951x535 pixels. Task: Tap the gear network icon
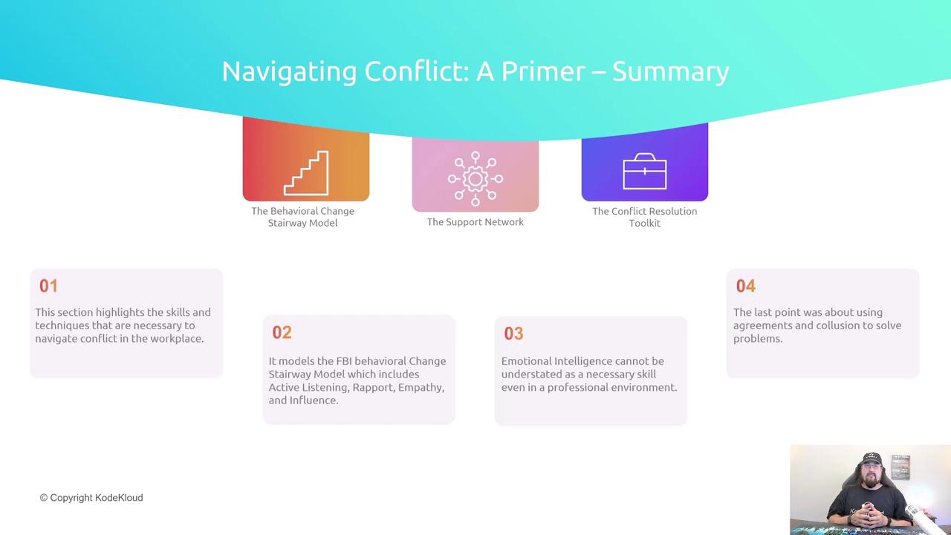coord(475,179)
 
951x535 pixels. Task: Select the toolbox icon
coord(644,171)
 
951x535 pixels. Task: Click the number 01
coord(48,286)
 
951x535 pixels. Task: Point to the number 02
coord(282,332)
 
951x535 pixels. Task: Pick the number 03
coord(513,334)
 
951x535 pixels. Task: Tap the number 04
coord(746,286)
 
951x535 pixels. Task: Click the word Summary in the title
coord(670,72)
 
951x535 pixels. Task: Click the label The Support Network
coord(475,222)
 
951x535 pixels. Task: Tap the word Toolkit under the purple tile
coord(644,223)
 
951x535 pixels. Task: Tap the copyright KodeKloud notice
coord(91,498)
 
